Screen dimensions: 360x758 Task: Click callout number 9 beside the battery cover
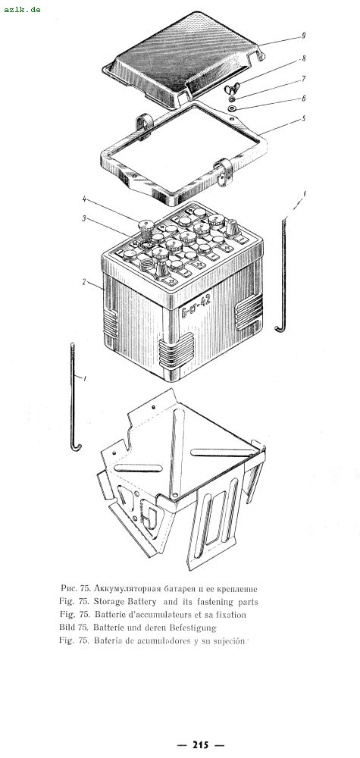303,36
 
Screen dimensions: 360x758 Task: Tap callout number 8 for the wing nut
303,58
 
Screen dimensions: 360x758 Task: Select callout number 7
303,78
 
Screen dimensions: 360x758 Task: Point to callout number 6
303,98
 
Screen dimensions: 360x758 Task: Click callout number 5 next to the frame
303,118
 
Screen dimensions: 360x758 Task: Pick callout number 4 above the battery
84,198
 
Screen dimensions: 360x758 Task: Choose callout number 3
84,218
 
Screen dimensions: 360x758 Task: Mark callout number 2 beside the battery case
84,282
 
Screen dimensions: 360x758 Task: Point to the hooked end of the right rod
280,328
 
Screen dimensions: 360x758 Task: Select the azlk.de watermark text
22,9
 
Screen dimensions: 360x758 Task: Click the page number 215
201,744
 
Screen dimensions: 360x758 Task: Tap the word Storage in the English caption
110,602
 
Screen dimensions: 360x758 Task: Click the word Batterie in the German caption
110,628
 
